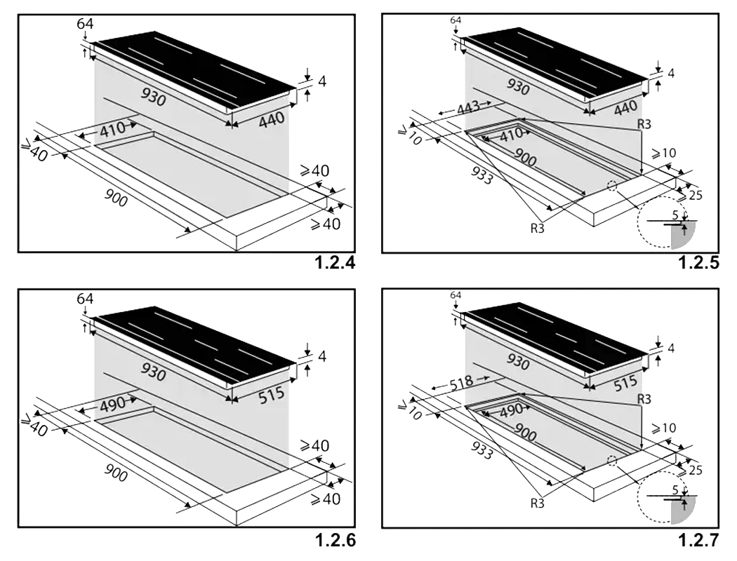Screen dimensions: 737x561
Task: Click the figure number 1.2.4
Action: coord(335,262)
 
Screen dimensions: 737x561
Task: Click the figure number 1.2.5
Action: coord(699,262)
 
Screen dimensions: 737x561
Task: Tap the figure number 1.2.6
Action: coord(335,541)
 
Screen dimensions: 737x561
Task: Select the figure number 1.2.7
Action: coord(699,541)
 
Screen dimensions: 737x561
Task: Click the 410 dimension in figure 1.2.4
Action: coord(112,128)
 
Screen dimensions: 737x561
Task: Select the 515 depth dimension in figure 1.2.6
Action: coord(272,394)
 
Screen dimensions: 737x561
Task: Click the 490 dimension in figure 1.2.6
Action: coord(112,403)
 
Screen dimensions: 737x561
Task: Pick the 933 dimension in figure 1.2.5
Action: coord(482,175)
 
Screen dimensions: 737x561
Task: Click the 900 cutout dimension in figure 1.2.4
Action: coord(116,198)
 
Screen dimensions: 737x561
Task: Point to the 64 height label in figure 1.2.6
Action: coord(85,298)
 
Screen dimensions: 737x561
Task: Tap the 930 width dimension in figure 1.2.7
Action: coord(517,363)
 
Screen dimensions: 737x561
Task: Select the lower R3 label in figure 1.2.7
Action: coord(537,503)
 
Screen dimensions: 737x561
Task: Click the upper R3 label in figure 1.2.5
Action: coord(644,124)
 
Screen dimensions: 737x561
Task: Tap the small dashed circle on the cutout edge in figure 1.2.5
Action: coord(611,186)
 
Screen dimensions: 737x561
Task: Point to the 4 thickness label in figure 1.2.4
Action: coord(322,81)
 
